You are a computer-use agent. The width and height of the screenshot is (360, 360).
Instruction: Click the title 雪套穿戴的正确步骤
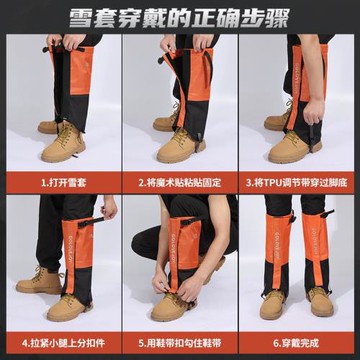(179, 17)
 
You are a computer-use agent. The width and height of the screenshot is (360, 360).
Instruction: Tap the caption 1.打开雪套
(64, 182)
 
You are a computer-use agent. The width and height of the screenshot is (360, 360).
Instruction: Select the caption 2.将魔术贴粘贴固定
(180, 182)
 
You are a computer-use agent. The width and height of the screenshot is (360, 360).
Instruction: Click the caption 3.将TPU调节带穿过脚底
(296, 182)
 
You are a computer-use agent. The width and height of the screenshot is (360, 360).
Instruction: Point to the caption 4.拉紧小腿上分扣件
(64, 343)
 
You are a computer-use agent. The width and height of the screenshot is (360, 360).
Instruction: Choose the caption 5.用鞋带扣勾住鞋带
(180, 343)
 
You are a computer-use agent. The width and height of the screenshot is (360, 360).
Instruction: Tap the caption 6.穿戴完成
(296, 343)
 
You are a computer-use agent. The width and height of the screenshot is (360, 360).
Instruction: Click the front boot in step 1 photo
(63, 143)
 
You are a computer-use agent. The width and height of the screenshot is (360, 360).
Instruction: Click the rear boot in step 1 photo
(48, 127)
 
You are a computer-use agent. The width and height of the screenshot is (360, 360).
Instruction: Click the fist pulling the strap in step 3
(314, 113)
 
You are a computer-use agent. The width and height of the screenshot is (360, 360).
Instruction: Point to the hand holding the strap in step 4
(109, 208)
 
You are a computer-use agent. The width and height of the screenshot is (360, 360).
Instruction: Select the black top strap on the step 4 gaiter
(91, 222)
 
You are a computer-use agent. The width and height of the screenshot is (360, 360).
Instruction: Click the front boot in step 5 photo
(173, 307)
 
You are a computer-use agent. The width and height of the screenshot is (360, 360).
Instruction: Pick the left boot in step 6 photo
(273, 304)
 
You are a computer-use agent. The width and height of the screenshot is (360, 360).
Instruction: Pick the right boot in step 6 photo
(320, 301)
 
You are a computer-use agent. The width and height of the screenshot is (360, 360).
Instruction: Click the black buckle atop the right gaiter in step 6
(327, 213)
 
